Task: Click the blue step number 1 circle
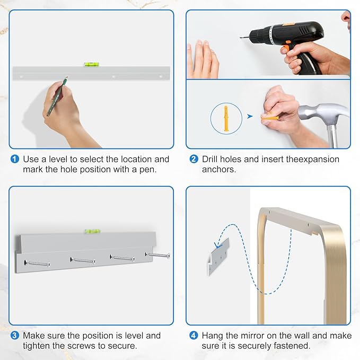pyautogui.click(x=15, y=159)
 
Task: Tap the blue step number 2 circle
pyautogui.click(x=194, y=159)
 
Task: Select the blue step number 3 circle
pyautogui.click(x=15, y=336)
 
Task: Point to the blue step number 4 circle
pyautogui.click(x=194, y=336)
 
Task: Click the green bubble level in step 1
pyautogui.click(x=92, y=64)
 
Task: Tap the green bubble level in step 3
pyautogui.click(x=93, y=231)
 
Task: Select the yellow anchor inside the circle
pyautogui.click(x=226, y=118)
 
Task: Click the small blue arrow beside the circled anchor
pyautogui.click(x=250, y=117)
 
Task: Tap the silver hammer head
pyautogui.click(x=324, y=113)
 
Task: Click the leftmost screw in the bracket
pyautogui.click(x=37, y=264)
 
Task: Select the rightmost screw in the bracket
pyautogui.click(x=157, y=255)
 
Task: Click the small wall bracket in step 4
pyautogui.click(x=218, y=257)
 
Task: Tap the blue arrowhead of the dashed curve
pyautogui.click(x=217, y=245)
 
